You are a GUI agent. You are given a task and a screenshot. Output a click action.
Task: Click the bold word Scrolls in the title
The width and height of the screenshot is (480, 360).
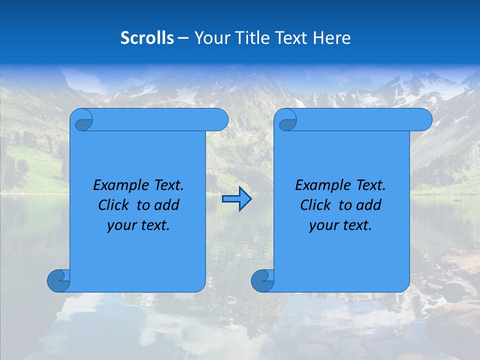(x=147, y=37)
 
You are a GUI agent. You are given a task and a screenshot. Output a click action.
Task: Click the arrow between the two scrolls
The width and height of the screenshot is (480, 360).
(x=236, y=199)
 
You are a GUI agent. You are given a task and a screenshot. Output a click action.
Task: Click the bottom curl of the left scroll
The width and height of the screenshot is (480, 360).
(x=58, y=280)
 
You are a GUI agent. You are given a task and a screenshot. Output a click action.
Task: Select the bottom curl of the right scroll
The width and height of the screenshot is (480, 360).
(x=262, y=280)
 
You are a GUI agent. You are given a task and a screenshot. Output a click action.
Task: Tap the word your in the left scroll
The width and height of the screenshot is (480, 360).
(x=121, y=225)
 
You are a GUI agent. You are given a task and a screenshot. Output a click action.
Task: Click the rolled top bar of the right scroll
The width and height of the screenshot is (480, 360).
(x=360, y=120)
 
